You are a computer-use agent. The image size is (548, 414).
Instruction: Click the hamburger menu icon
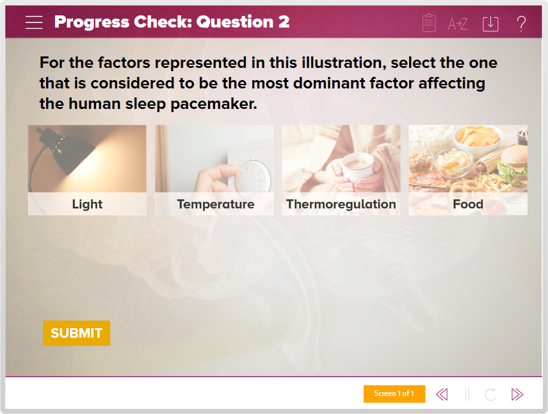pyautogui.click(x=34, y=22)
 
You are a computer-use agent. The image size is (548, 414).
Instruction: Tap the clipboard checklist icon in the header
pyautogui.click(x=429, y=22)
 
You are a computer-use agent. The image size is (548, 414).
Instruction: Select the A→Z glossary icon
pyautogui.click(x=458, y=24)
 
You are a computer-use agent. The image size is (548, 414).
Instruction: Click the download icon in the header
pyautogui.click(x=490, y=24)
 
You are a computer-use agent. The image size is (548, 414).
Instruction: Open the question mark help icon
pyautogui.click(x=521, y=24)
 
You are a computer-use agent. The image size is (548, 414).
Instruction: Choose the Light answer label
pyautogui.click(x=87, y=204)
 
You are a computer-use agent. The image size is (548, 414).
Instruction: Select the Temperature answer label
pyautogui.click(x=216, y=204)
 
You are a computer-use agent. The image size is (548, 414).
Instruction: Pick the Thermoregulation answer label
pyautogui.click(x=341, y=204)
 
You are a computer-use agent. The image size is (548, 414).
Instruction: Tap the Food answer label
pyautogui.click(x=468, y=204)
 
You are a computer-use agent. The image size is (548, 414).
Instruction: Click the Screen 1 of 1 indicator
pyautogui.click(x=394, y=393)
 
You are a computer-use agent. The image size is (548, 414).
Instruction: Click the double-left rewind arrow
pyautogui.click(x=442, y=394)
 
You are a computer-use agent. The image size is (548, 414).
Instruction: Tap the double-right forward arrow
pyautogui.click(x=517, y=394)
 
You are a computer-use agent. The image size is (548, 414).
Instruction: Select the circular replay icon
pyautogui.click(x=490, y=394)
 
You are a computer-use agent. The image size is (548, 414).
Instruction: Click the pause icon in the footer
pyautogui.click(x=467, y=394)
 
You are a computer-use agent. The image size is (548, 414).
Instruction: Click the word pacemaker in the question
pyautogui.click(x=214, y=104)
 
